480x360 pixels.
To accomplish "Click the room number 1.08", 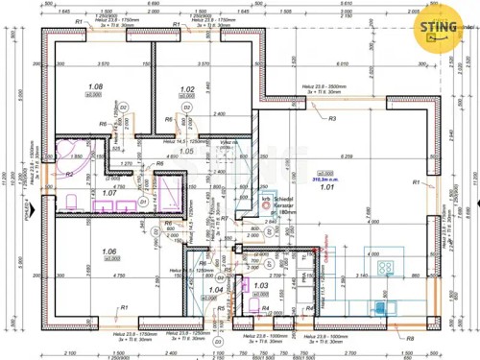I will tap(95, 87).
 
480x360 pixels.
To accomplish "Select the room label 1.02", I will tap(187, 90).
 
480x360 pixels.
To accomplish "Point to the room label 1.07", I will tap(109, 193).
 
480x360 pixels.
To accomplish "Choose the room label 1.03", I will tap(260, 285).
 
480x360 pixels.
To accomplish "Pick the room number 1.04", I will tap(216, 289).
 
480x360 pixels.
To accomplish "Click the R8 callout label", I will tap(410, 339).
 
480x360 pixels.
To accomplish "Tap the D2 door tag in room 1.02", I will tap(189, 108).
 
